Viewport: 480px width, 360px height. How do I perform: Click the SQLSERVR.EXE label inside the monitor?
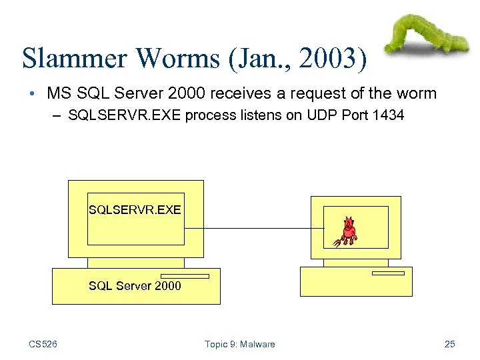(135, 210)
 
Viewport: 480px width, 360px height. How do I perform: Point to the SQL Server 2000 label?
(135, 286)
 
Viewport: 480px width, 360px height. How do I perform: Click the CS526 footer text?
(43, 344)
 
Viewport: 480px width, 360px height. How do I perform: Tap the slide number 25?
(449, 344)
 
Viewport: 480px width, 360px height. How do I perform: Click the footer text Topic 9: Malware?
(240, 344)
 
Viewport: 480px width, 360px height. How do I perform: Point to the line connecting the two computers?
(253, 229)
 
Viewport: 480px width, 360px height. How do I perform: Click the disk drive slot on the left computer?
(185, 276)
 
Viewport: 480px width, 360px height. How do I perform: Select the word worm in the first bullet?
(419, 93)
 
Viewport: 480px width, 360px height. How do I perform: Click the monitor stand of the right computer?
(355, 263)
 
